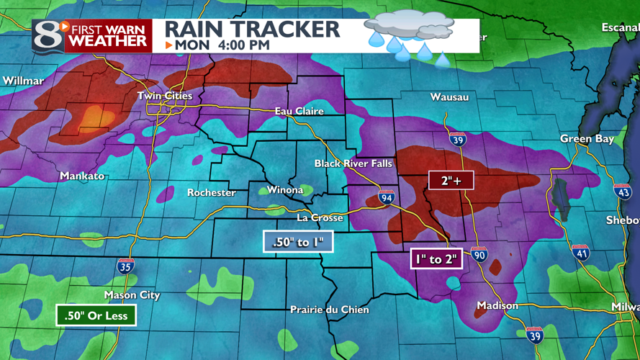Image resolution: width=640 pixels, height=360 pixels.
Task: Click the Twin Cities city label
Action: tap(165, 96)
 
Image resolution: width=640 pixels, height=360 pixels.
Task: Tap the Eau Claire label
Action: tap(299, 112)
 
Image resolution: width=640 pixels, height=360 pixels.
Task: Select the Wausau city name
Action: tap(449, 97)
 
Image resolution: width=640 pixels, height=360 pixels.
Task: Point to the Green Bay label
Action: tap(587, 139)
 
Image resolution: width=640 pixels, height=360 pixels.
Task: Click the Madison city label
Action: tap(497, 306)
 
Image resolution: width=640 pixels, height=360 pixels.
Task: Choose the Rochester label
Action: tap(211, 193)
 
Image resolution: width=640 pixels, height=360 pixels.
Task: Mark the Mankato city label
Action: tap(82, 176)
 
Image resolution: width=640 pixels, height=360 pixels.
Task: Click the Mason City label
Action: tap(132, 295)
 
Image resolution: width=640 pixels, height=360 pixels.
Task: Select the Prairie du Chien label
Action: tap(329, 310)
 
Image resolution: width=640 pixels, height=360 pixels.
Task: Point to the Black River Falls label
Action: tap(353, 163)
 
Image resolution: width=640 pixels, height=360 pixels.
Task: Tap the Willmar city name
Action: tap(23, 81)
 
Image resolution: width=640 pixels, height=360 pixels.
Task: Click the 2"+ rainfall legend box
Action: tap(451, 181)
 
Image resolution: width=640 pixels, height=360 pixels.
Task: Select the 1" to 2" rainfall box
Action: tap(435, 258)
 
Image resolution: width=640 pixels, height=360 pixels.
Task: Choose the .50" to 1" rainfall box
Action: tap(298, 242)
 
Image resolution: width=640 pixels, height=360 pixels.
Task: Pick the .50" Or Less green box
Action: tap(96, 315)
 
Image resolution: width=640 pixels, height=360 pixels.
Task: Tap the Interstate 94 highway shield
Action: tap(387, 197)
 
